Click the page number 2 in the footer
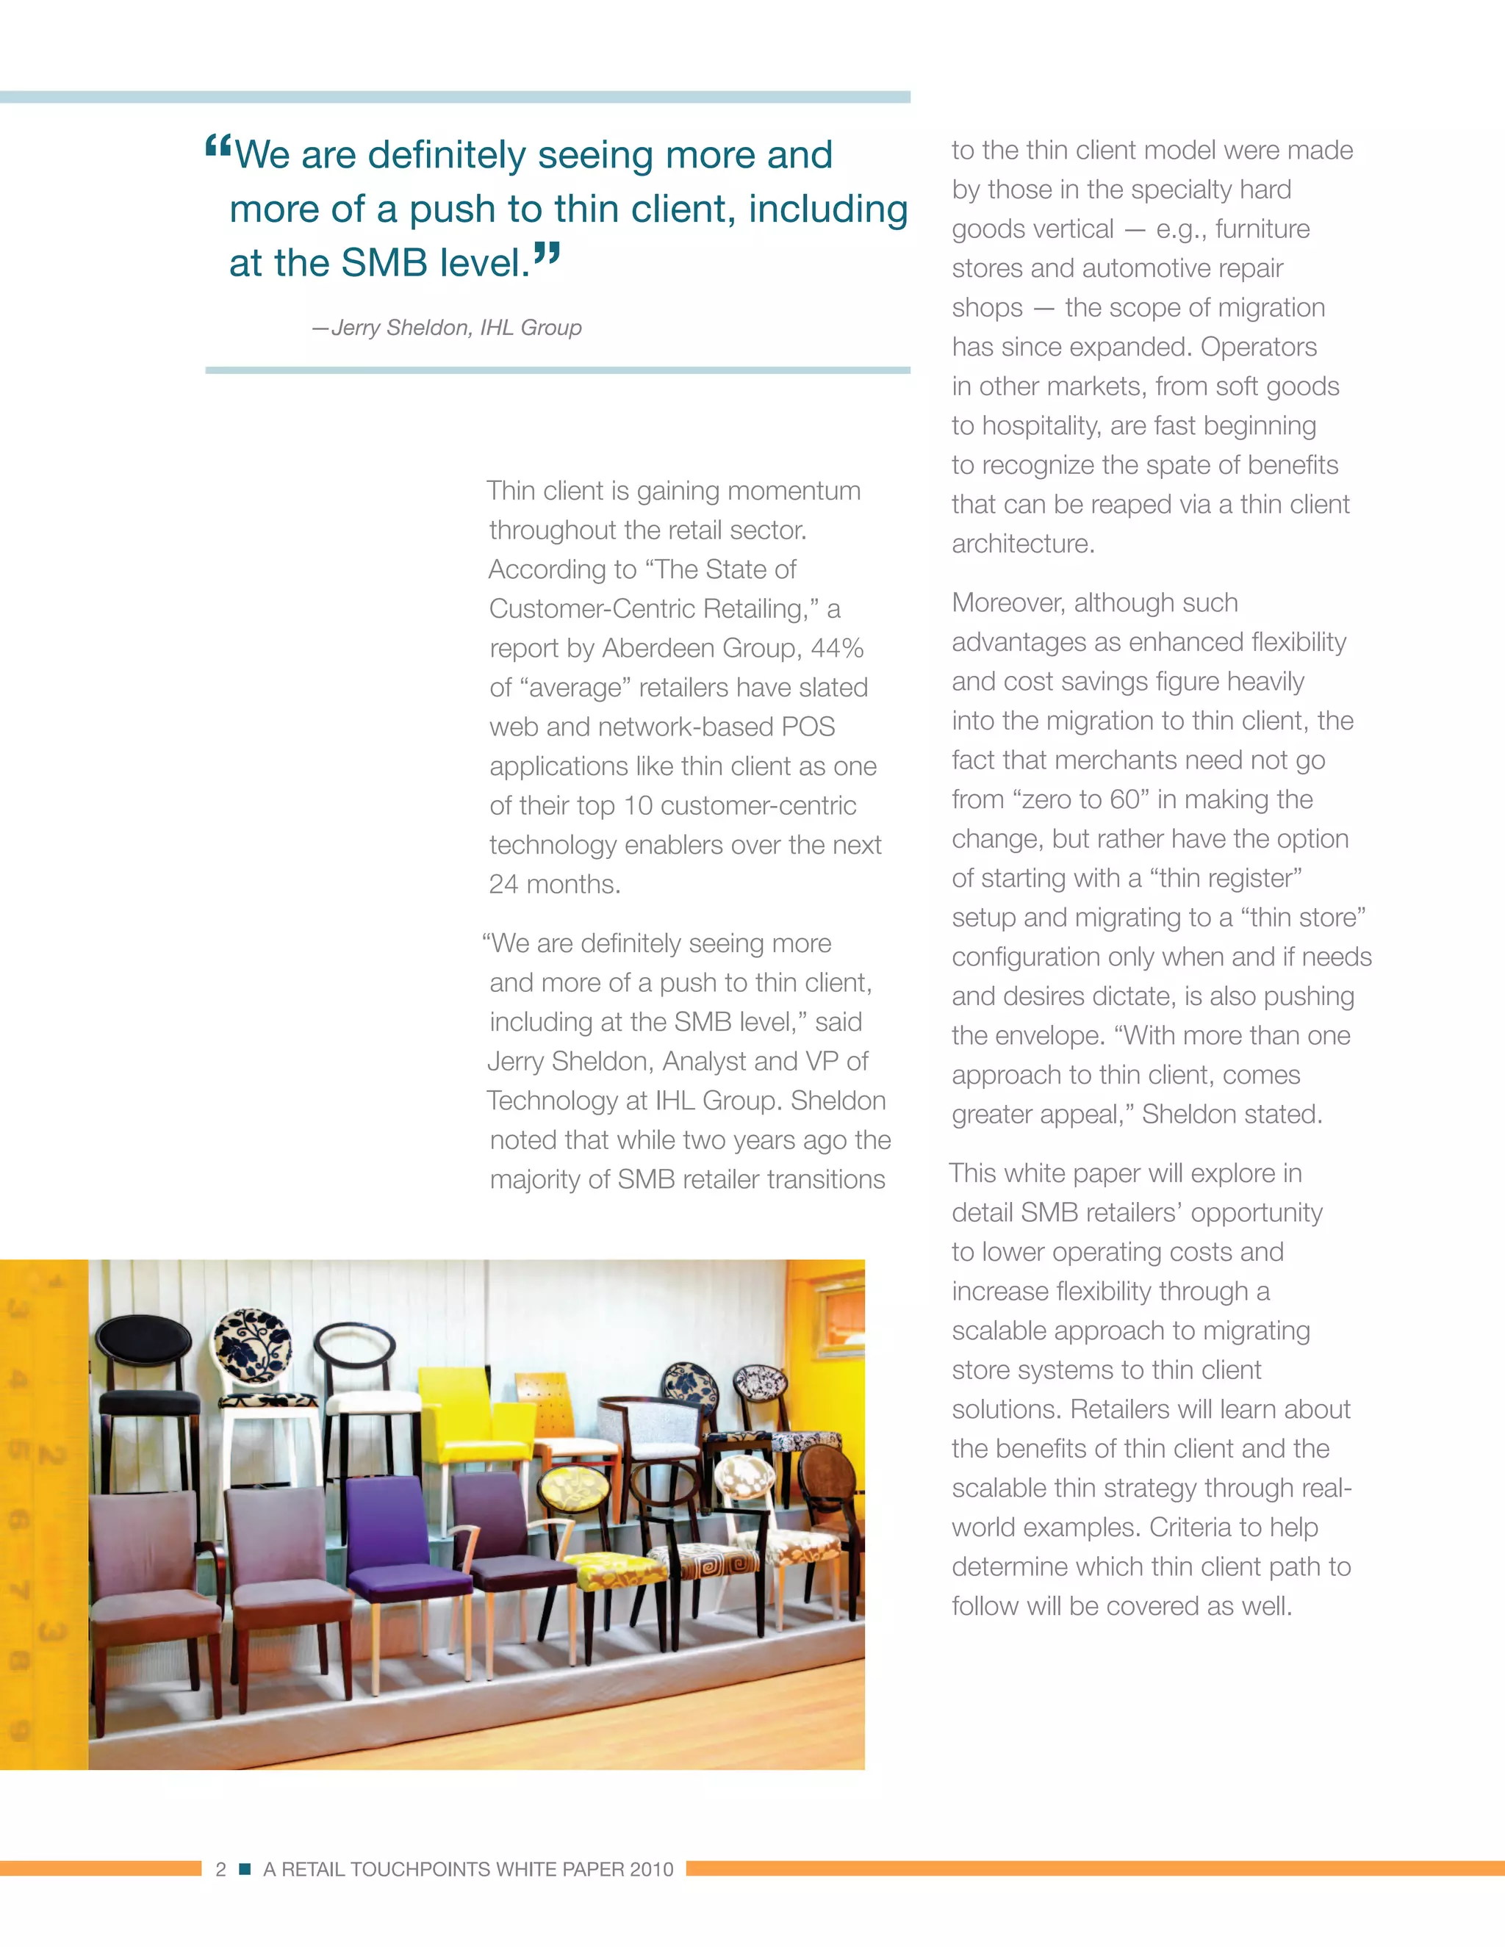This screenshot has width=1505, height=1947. [x=220, y=1869]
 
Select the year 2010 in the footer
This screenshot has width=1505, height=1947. [x=651, y=1869]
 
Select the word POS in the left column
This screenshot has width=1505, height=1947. [x=808, y=727]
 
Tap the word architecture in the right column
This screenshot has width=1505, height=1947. [x=1021, y=544]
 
